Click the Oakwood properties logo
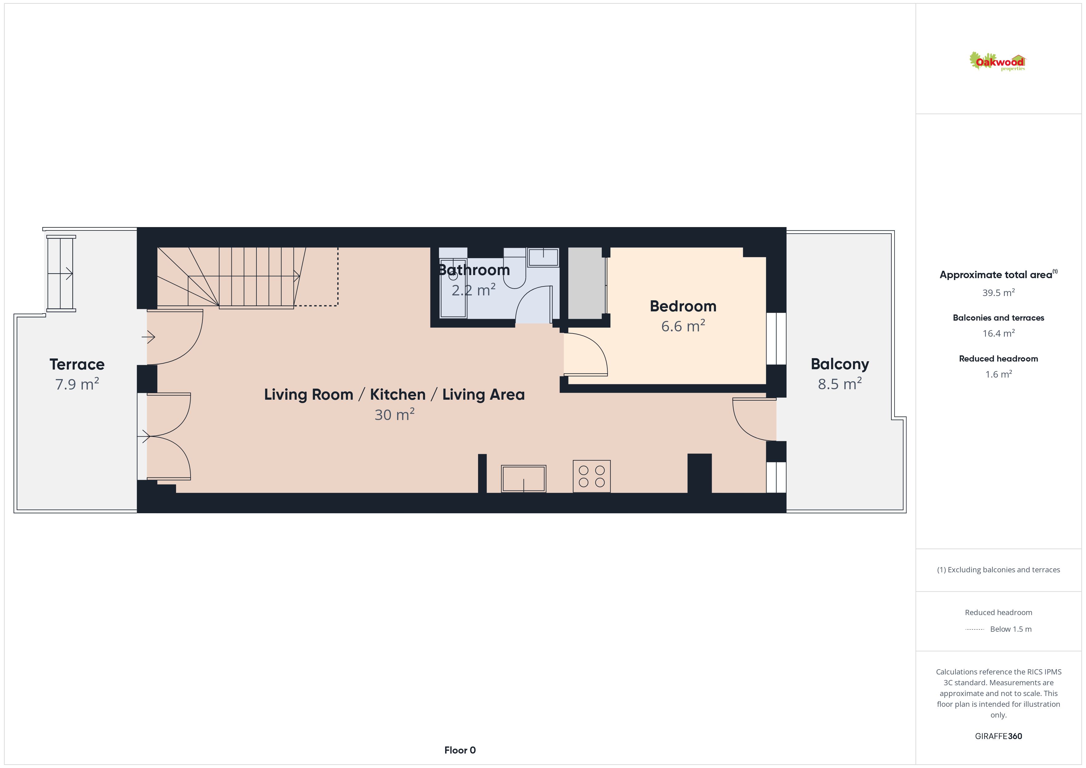coord(997,62)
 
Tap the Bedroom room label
coord(683,306)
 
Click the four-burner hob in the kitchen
coord(592,476)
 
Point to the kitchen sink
coord(524,478)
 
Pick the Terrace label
coord(77,365)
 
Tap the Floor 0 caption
coord(460,750)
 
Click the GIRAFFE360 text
coord(999,736)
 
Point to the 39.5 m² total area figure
coord(999,293)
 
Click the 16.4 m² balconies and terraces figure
coord(999,334)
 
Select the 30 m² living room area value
coord(395,415)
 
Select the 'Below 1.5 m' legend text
coord(1011,629)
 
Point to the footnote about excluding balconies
coord(999,570)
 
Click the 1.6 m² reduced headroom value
coord(999,374)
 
